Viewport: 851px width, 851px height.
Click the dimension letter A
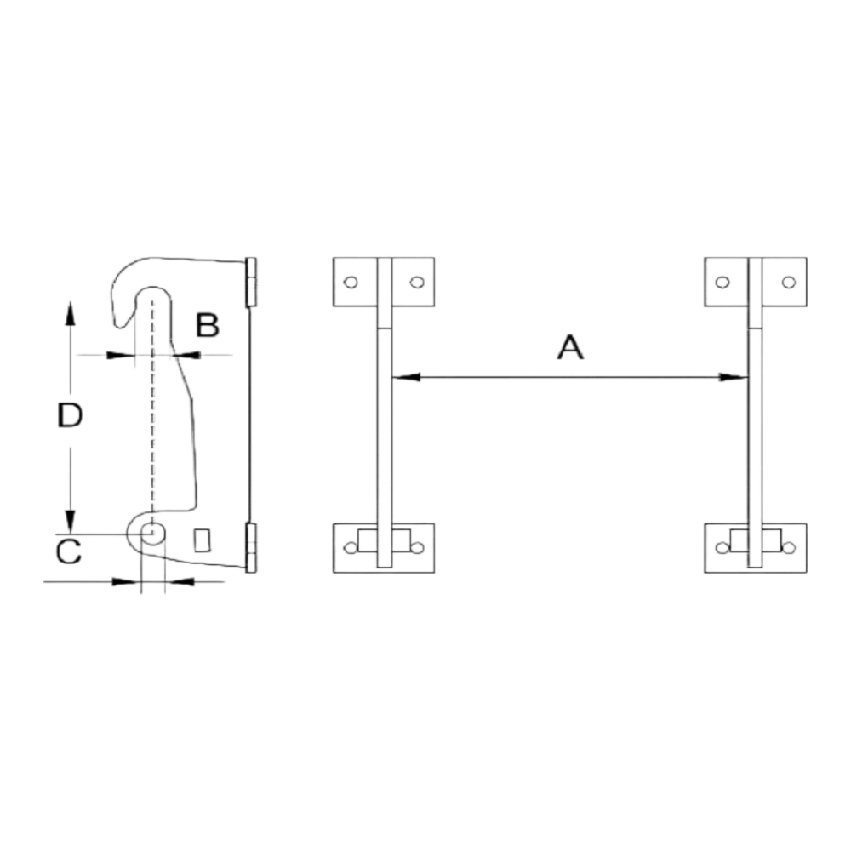click(570, 348)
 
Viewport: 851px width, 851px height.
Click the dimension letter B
click(208, 325)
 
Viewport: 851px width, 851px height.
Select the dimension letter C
click(69, 551)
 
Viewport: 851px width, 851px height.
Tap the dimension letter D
click(70, 415)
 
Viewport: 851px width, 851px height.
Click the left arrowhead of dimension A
click(405, 377)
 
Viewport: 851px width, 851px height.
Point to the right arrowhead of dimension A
click(734, 377)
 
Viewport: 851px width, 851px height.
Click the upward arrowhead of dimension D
click(70, 314)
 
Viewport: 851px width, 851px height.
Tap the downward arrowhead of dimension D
click(70, 519)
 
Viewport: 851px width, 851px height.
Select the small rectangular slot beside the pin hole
click(203, 540)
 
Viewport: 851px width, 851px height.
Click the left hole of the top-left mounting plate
click(351, 283)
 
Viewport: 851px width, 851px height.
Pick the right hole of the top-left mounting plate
click(417, 283)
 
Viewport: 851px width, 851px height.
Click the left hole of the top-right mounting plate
click(722, 283)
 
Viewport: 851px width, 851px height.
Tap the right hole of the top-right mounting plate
click(789, 283)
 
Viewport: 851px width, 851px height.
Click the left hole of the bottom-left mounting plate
click(351, 548)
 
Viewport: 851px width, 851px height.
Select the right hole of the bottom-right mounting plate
click(789, 548)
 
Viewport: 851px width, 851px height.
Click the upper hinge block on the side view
click(251, 281)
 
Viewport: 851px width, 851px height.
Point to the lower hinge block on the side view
click(251, 547)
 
